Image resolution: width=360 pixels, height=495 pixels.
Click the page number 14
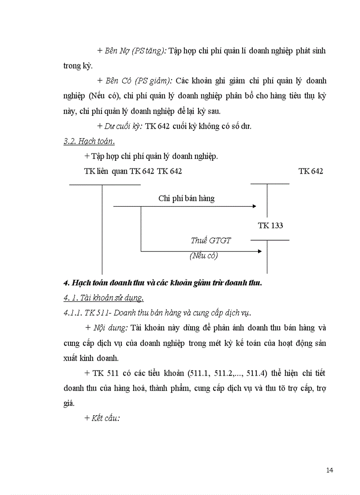[x=330, y=470]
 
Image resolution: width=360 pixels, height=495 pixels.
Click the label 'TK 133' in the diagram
[x=270, y=226]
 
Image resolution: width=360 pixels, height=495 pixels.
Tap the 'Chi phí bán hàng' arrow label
[x=187, y=198]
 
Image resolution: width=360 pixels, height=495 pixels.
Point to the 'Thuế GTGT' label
[x=211, y=241]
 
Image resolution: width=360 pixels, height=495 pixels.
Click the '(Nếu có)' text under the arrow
[x=204, y=256]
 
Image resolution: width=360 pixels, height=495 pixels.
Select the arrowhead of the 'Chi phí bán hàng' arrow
[x=254, y=206]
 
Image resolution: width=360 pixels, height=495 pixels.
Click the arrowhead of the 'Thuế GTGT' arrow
[x=259, y=251]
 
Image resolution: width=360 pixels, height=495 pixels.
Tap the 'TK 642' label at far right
[x=311, y=171]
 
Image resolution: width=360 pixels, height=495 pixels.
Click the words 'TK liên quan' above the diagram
[x=106, y=171]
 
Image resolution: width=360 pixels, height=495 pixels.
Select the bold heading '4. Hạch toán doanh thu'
[x=162, y=283]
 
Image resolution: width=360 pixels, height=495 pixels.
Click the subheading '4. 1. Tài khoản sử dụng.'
[x=104, y=298]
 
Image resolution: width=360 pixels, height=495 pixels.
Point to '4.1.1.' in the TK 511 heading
[x=73, y=313]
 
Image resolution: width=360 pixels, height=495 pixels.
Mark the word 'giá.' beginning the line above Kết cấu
[x=69, y=403]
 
